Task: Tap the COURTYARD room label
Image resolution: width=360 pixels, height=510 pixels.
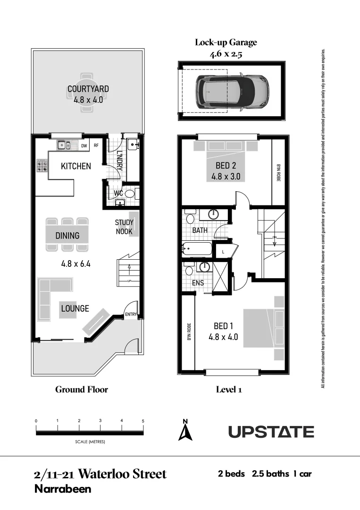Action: (88, 89)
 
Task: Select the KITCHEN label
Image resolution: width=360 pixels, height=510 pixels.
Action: (75, 166)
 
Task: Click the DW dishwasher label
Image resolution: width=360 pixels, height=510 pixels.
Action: (84, 146)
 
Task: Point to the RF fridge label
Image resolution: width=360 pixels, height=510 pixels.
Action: (96, 146)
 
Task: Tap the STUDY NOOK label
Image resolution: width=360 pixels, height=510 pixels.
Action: (124, 227)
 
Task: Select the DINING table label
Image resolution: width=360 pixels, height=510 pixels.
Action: (67, 236)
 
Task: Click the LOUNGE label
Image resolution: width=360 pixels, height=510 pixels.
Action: (75, 308)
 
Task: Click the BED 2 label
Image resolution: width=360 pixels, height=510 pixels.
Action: (226, 166)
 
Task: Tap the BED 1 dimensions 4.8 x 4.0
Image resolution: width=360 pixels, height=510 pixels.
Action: (223, 337)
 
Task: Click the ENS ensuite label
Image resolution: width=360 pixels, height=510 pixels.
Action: (198, 283)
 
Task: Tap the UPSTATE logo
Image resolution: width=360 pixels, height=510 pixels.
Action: (271, 432)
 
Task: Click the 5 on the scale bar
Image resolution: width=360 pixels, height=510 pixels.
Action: (143, 420)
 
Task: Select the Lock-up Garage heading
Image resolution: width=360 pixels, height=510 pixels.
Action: (226, 42)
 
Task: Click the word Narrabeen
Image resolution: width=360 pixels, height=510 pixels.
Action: (63, 489)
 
